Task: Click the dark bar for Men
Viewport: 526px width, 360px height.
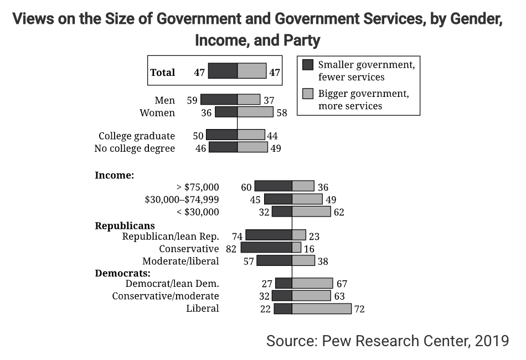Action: [x=219, y=100]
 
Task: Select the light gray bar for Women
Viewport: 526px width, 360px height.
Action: [x=255, y=112]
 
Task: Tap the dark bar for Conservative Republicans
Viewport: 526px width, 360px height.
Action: [x=266, y=248]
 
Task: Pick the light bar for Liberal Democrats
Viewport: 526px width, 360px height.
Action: [x=322, y=308]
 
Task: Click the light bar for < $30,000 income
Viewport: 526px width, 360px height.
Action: [x=311, y=212]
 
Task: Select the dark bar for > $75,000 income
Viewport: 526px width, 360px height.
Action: [x=273, y=186]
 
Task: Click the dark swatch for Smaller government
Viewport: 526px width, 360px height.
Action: [x=308, y=65]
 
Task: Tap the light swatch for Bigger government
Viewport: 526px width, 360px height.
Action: [x=308, y=93]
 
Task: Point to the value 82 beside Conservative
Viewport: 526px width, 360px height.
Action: [x=231, y=249]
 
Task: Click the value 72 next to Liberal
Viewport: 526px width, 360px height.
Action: [x=359, y=309]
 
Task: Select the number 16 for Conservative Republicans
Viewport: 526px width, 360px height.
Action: [x=310, y=249]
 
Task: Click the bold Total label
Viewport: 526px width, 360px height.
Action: [x=163, y=73]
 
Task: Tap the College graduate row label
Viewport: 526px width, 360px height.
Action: [x=137, y=136]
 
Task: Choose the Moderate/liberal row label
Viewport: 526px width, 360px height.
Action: [x=181, y=261]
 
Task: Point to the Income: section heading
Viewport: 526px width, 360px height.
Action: [x=115, y=175]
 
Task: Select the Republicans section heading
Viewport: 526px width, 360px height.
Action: [x=125, y=225]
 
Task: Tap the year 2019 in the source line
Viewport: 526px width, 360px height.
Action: [x=491, y=341]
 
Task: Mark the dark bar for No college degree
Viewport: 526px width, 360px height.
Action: [x=223, y=147]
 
